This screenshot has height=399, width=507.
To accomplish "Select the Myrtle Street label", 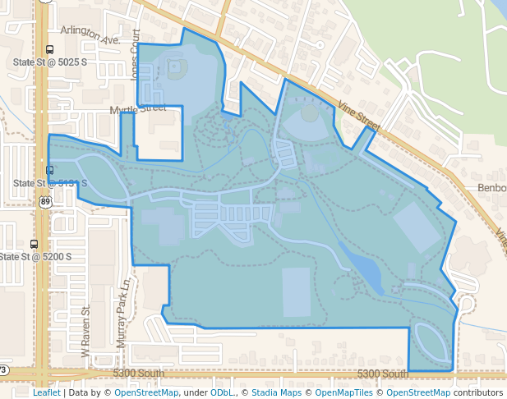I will tap(138, 108).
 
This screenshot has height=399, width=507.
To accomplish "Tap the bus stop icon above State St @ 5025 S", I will tap(50, 49).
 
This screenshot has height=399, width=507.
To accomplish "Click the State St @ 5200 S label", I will tap(36, 257).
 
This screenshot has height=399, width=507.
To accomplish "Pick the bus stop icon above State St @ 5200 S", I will tap(34, 244).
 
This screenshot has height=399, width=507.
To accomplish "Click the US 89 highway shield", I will tap(43, 200).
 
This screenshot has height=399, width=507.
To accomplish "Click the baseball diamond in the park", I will tap(174, 71).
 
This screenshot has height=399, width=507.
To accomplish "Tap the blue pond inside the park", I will tap(362, 267).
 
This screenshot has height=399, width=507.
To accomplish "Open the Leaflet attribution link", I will tap(47, 392).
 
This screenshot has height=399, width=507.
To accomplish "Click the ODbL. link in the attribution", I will tap(222, 392).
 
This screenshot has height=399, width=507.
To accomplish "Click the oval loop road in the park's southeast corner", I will tap(431, 346).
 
